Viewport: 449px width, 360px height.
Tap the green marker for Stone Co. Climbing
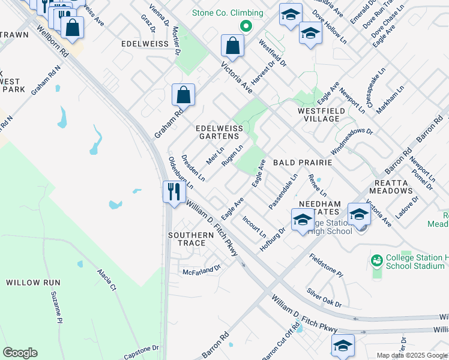point(245,26)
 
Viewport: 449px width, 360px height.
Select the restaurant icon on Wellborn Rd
point(173,192)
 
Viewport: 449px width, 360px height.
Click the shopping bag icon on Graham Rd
point(183,95)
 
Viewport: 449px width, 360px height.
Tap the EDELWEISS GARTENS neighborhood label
point(220,133)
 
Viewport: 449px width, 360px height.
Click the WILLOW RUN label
point(30,282)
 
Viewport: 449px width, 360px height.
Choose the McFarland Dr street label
point(202,269)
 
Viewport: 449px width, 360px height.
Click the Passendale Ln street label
point(283,191)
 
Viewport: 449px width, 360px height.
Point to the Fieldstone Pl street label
point(325,265)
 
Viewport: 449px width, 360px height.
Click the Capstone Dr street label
point(142,347)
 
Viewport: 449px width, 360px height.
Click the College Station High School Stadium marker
point(377,260)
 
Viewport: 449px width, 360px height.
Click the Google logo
point(20,353)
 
